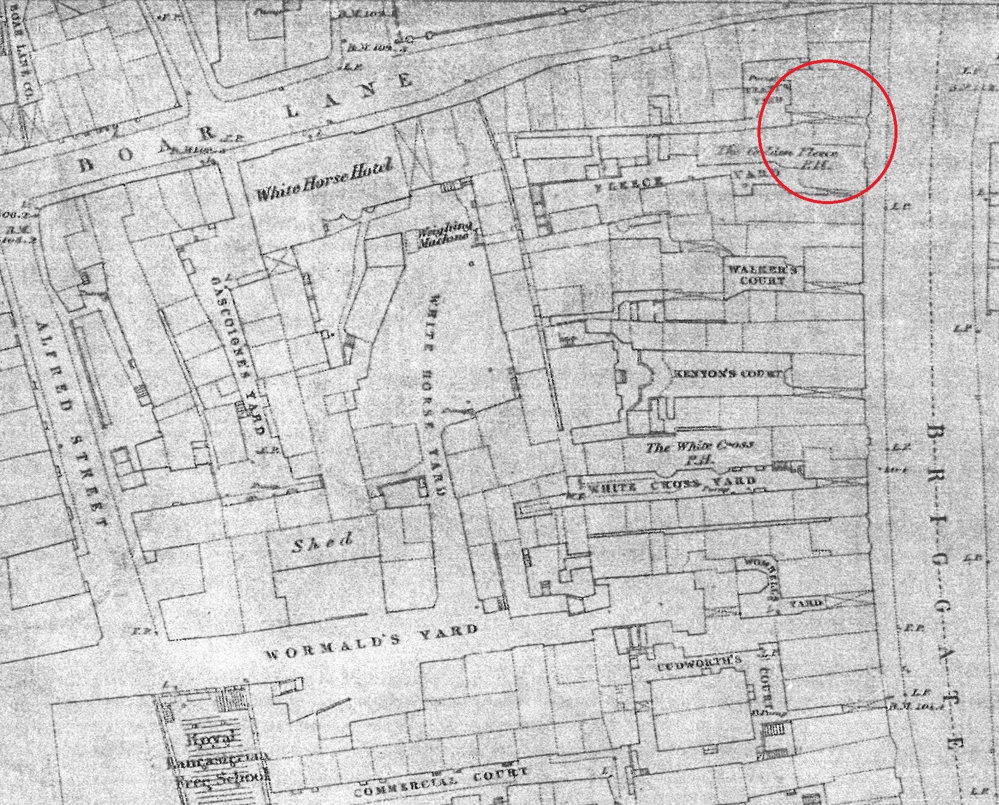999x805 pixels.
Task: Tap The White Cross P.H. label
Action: [x=699, y=453]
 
